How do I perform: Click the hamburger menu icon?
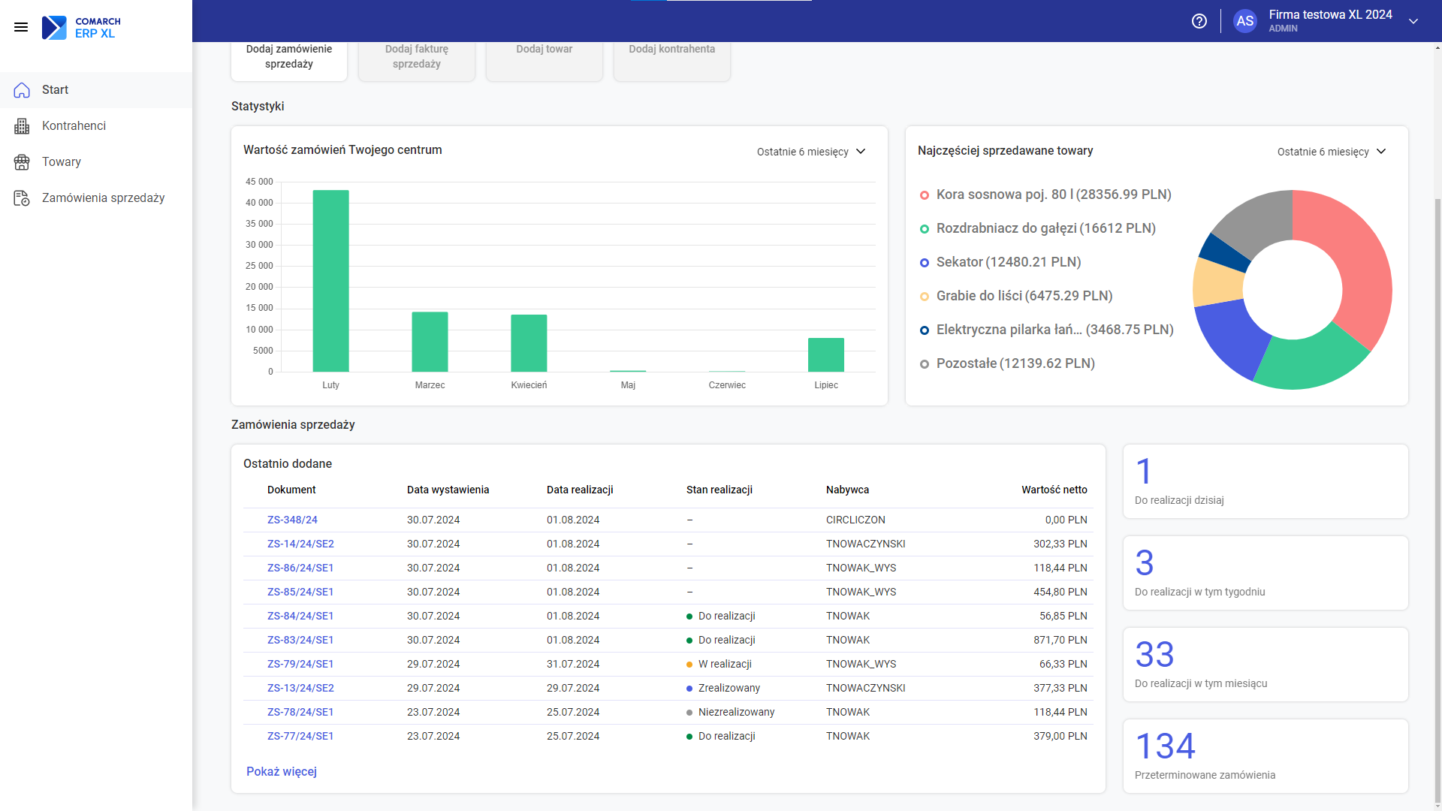coord(21,27)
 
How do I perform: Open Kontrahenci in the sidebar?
coord(74,126)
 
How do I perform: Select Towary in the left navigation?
coord(62,162)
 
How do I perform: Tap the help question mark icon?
coord(1199,21)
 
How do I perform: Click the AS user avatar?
coord(1245,21)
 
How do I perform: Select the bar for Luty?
coord(330,281)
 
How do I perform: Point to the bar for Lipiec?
coord(826,354)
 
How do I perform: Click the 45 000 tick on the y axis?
coord(259,182)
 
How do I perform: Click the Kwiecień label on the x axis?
coord(529,385)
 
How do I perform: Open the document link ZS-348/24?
coord(292,520)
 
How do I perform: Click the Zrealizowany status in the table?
coord(729,688)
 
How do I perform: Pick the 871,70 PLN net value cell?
coord(1060,640)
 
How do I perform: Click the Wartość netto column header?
coord(1054,490)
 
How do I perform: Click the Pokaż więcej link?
coord(282,772)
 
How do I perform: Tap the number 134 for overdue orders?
coord(1165,746)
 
